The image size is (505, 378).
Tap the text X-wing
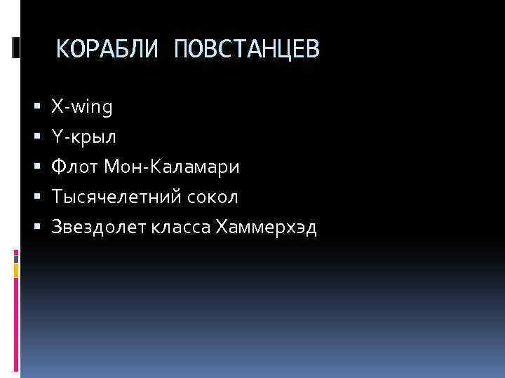(x=81, y=107)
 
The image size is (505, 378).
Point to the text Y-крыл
(x=83, y=137)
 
